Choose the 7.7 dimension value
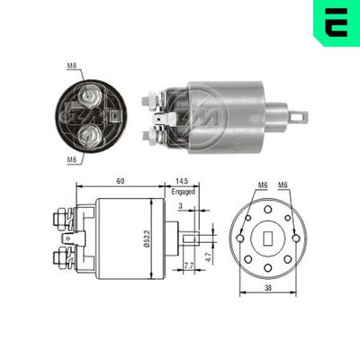(188, 266)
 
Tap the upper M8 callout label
(72, 65)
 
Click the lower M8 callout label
(72, 158)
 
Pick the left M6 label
(263, 185)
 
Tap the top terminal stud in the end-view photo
(89, 93)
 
